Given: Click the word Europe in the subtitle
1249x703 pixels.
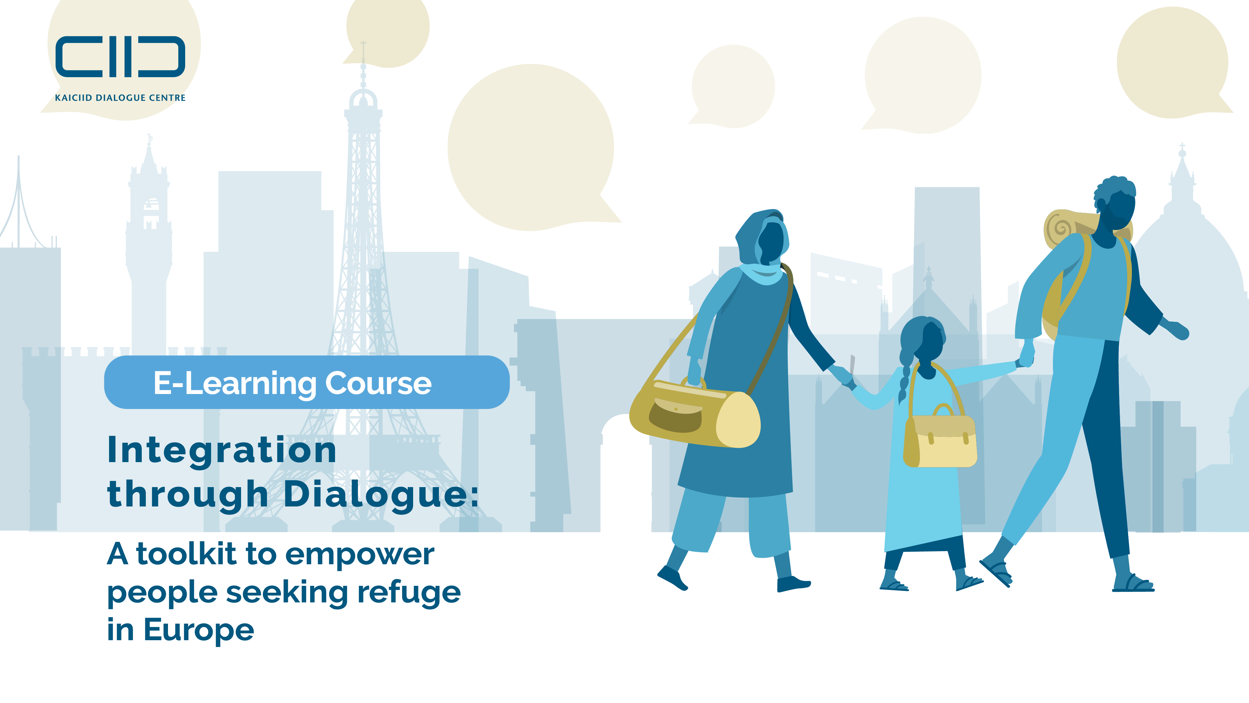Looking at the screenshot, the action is (199, 630).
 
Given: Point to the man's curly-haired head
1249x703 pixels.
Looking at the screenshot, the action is (1115, 203).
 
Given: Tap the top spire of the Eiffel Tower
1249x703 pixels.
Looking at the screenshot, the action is (363, 53).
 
